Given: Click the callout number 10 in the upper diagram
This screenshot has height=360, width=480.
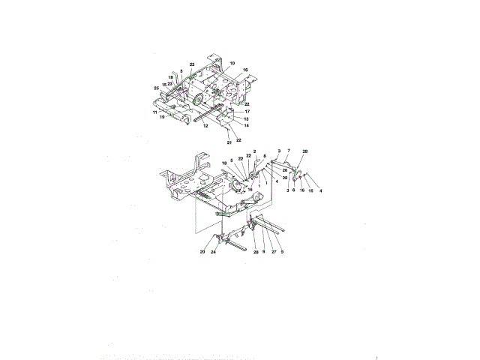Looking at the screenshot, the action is tap(232, 64).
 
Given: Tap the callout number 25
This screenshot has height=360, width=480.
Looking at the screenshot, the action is tap(157, 88).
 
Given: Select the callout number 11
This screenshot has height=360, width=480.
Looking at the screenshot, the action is tap(155, 112).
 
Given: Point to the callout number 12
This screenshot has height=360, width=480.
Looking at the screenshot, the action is tap(205, 126).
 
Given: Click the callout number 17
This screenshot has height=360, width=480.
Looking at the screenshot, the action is tap(247, 112).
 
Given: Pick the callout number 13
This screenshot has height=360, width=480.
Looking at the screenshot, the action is tap(247, 118).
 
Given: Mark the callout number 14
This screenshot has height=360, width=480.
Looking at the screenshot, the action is tap(247, 125).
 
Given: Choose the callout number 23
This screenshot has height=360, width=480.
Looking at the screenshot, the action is tap(170, 84).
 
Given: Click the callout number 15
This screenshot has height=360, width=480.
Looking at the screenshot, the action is tap(164, 85).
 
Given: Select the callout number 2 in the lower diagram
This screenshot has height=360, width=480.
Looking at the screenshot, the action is tap(255, 151).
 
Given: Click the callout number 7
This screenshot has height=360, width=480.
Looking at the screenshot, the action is tap(288, 151).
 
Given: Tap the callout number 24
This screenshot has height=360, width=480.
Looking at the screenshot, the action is tap(214, 253).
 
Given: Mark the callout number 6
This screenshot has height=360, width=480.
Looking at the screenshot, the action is tap(293, 190).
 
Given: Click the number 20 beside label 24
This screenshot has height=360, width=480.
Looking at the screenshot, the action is tap(202, 253).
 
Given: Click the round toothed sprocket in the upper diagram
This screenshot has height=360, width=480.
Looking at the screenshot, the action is tap(199, 100).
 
